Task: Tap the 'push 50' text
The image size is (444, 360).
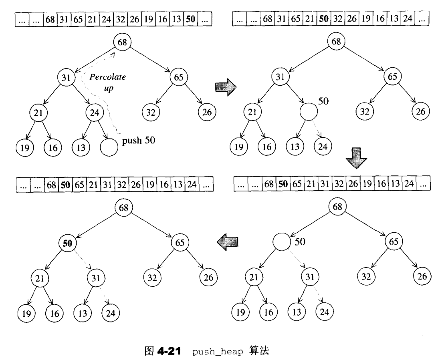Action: click(138, 141)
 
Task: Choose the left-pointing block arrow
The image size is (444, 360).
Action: click(228, 241)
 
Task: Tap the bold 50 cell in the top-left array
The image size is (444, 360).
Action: click(190, 19)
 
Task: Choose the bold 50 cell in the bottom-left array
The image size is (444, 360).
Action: click(65, 186)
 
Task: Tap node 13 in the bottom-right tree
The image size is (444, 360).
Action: click(295, 312)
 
